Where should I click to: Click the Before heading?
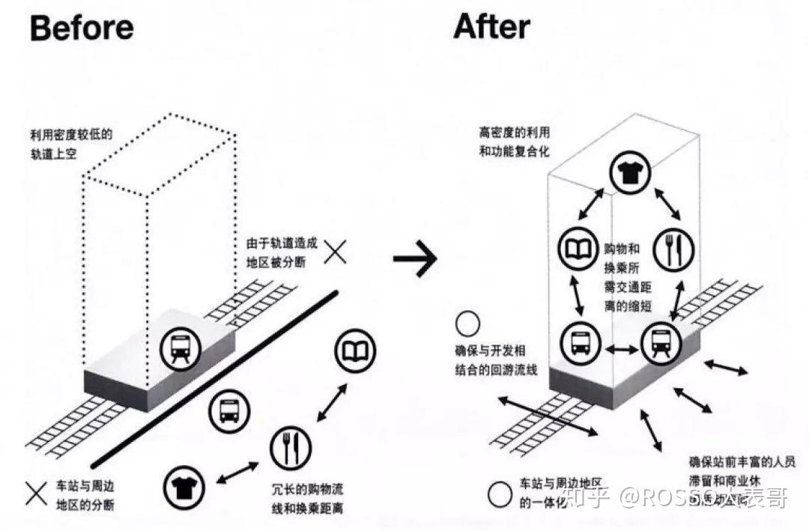pos(82,28)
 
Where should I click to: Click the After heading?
pos(491,27)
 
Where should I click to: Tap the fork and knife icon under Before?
pos(290,448)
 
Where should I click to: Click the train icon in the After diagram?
pos(659,344)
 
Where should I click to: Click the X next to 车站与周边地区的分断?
pos(36,492)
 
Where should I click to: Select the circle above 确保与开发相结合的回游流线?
pos(468,324)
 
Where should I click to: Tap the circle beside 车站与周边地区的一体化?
pos(500,494)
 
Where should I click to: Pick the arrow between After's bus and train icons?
pos(620,349)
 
